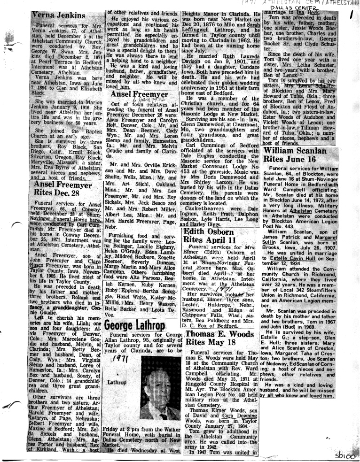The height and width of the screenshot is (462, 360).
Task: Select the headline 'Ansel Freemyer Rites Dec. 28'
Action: point(64,190)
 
